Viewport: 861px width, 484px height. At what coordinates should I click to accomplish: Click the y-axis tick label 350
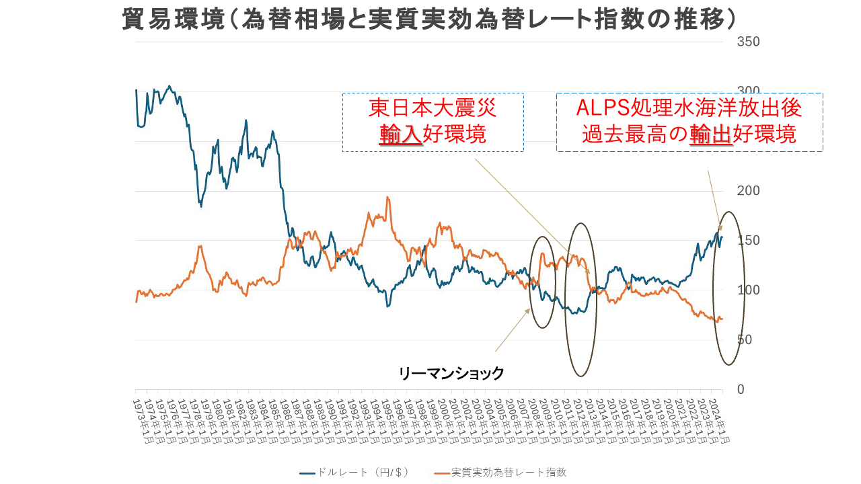pyautogui.click(x=749, y=42)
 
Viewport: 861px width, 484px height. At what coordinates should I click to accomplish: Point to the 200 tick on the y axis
pyautogui.click(x=749, y=191)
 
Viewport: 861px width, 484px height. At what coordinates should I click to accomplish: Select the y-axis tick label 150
pyautogui.click(x=749, y=241)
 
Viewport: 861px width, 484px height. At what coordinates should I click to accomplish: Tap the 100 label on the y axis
pyautogui.click(x=749, y=290)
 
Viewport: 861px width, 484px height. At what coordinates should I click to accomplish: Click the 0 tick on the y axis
pyautogui.click(x=740, y=390)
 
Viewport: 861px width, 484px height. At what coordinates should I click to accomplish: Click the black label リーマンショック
pyautogui.click(x=451, y=374)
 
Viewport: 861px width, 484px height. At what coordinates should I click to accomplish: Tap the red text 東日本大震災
pyautogui.click(x=433, y=109)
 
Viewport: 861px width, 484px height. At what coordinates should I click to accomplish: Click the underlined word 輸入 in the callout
pyautogui.click(x=400, y=134)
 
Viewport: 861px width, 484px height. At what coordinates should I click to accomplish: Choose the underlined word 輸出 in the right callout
pyautogui.click(x=711, y=134)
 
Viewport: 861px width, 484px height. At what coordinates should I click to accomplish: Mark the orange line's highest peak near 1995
pyautogui.click(x=387, y=197)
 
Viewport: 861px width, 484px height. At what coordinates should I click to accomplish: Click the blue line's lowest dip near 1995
pyautogui.click(x=387, y=307)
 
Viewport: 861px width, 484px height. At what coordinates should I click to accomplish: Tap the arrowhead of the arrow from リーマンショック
pyautogui.click(x=529, y=310)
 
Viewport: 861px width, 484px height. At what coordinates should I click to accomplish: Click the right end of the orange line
pyautogui.click(x=722, y=319)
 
